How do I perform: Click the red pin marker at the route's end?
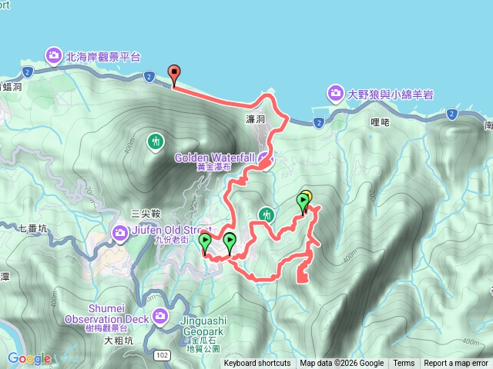(173, 75)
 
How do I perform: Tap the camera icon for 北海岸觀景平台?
(54, 55)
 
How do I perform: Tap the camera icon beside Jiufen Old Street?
(120, 232)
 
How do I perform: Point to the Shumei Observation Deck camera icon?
(159, 314)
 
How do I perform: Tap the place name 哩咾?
(381, 121)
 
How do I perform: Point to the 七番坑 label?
(32, 228)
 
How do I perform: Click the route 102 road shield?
(162, 355)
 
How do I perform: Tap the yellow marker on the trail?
(305, 198)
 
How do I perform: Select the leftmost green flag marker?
(205, 244)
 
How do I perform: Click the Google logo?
(29, 357)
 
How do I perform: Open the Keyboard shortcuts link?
(257, 364)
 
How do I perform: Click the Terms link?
(404, 364)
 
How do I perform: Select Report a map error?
(456, 364)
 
